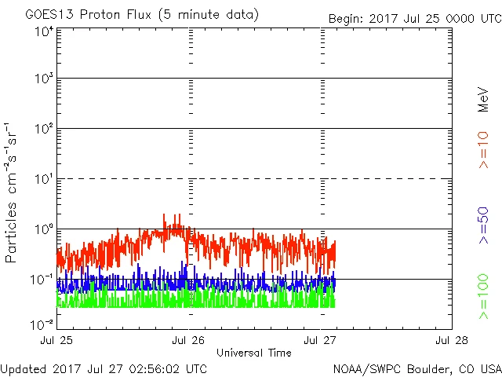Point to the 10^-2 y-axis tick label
coord(42,324)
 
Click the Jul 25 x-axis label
coord(56,341)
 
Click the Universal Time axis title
coord(254,353)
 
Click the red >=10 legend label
coord(484,150)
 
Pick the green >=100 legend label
coord(484,297)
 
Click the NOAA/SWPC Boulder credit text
coord(417,368)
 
